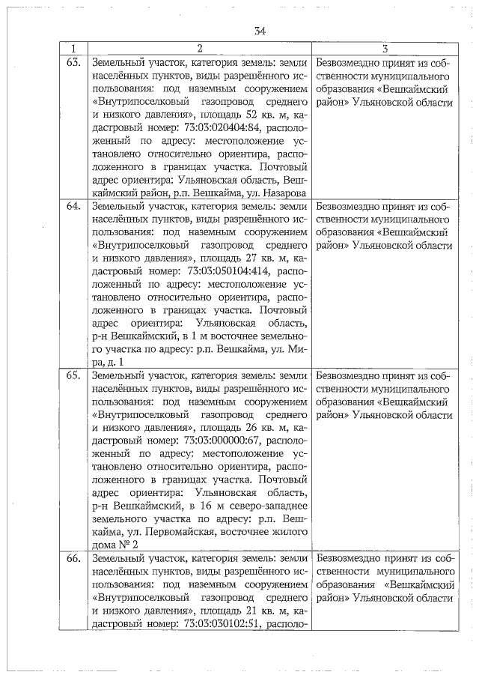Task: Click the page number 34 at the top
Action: [260, 31]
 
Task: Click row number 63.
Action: [73, 63]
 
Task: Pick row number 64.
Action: [73, 206]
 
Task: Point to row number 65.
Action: [73, 375]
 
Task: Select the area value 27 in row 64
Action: [249, 260]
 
